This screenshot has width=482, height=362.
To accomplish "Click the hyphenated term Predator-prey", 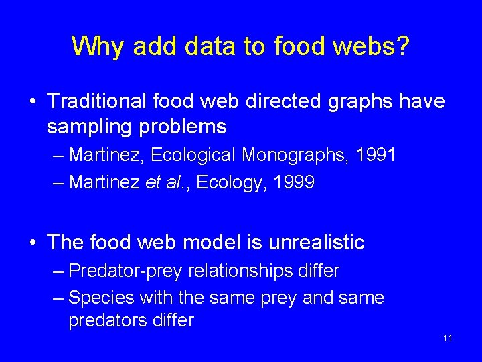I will pyautogui.click(x=128, y=271).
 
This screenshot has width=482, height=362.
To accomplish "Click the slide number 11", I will pyautogui.click(x=448, y=337).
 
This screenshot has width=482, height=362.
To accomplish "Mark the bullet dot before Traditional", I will pyautogui.click(x=33, y=102).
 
